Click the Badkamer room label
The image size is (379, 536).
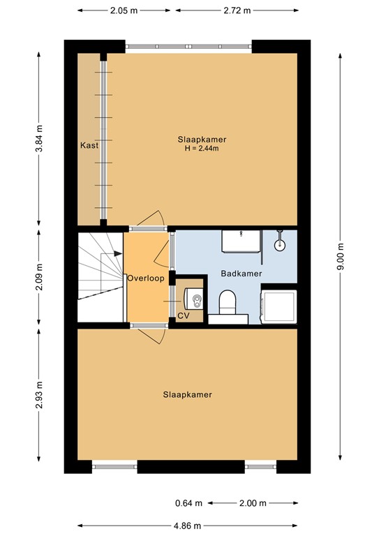point(241,274)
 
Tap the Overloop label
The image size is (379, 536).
point(146,278)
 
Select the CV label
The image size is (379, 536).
point(183,315)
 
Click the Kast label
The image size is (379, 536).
point(89,146)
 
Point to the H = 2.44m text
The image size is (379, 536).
point(202,148)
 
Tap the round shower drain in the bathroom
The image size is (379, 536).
point(279,244)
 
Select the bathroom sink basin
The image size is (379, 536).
point(239,241)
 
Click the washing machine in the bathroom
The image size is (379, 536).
point(277,306)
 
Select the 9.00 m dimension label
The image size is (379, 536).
point(341,256)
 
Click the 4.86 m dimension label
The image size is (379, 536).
point(188,526)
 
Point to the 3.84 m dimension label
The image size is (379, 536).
point(39,139)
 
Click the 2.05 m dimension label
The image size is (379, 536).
point(123,10)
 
